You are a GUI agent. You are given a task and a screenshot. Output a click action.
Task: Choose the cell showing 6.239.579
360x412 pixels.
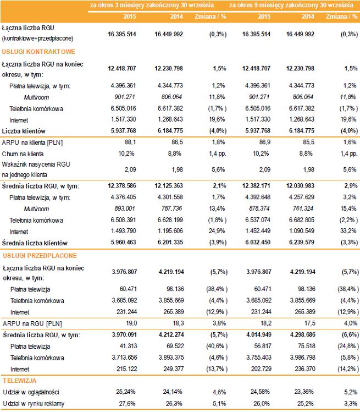point(301,242)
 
